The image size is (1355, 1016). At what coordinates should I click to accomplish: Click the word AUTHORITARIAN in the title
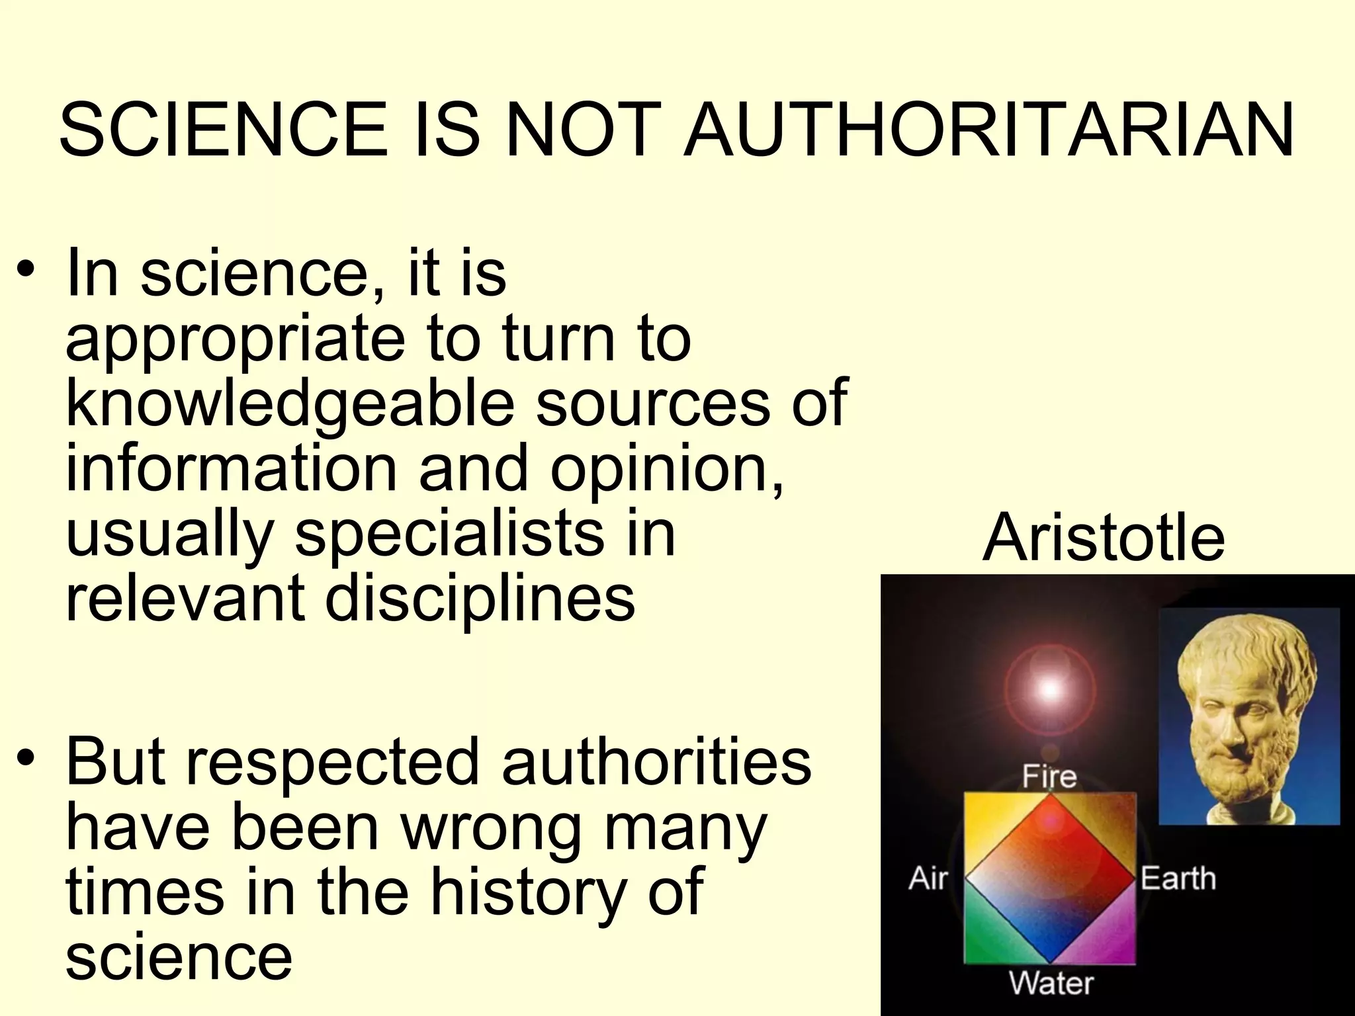pos(988,130)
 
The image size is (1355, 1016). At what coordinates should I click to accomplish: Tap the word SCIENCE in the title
pos(224,130)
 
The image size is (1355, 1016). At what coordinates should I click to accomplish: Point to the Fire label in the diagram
pos(1049,777)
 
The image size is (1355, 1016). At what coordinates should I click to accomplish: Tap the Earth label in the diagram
pos(1178,879)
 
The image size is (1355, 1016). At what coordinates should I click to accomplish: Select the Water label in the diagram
pos(1051,984)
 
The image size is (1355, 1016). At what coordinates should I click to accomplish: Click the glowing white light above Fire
pos(1049,689)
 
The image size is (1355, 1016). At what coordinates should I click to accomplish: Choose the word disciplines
pos(480,598)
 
